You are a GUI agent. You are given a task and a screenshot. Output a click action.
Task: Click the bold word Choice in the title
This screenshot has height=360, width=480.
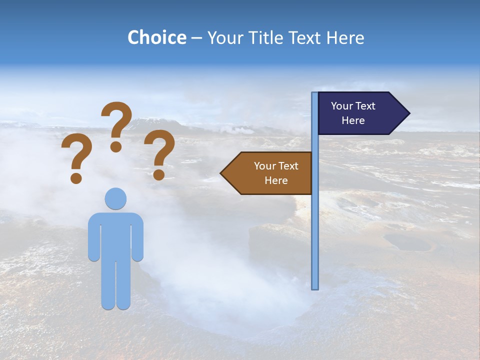(156, 37)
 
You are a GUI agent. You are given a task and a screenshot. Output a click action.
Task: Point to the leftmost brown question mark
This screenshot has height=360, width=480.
(76, 155)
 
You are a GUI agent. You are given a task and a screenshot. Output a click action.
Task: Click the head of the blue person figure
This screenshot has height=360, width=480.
(115, 198)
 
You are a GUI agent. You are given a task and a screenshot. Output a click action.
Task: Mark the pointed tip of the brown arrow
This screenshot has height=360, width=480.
(222, 173)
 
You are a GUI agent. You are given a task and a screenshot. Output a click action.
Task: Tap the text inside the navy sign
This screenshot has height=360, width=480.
(353, 113)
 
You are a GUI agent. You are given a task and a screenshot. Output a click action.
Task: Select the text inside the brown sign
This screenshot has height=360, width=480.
(276, 173)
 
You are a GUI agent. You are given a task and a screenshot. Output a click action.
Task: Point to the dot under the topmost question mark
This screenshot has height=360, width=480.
(116, 146)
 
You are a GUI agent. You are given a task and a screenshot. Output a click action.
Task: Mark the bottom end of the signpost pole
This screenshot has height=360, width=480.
(315, 287)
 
